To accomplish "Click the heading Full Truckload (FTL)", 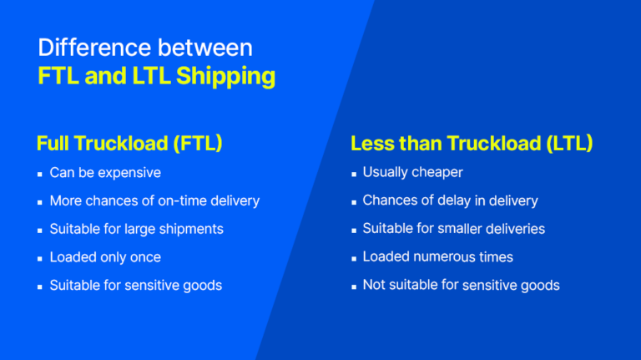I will coord(129,143).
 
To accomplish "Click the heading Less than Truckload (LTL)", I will coord(472,143).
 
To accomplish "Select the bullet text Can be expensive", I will coord(105,173).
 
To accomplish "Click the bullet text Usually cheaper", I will coord(412,173).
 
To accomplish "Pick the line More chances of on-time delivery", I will coord(154,200).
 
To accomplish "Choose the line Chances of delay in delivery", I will coord(450,200).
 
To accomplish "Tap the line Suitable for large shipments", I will coord(136,229).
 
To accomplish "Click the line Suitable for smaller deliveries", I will coord(453,229).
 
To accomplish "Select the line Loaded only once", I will coord(105,257).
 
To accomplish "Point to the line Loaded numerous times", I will coord(437,257).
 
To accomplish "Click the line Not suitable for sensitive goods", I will coord(461,286).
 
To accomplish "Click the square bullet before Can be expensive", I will coord(40,174).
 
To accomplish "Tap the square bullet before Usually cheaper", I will coord(353,174).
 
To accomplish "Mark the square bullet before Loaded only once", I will coord(40,258).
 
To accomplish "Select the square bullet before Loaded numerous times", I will coord(353,258).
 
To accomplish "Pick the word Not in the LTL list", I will coord(373,286).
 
